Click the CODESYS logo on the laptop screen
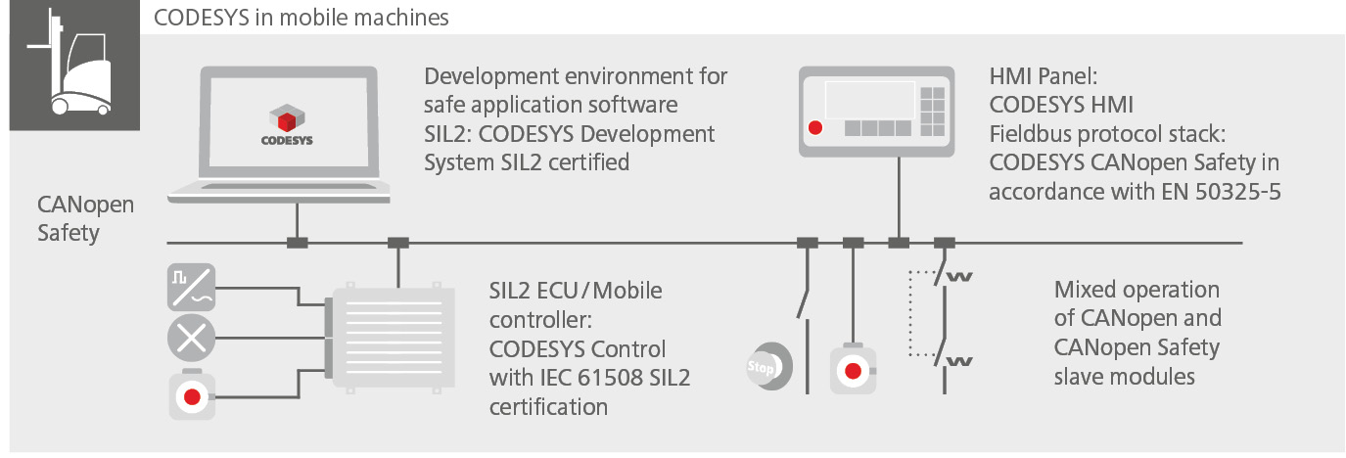point(287,125)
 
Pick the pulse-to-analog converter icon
point(192,286)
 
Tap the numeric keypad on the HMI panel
point(933,104)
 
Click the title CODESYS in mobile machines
point(302,18)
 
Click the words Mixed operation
point(1137,290)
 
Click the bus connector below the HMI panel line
point(898,243)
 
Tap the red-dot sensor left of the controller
point(192,396)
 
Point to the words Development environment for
point(576,76)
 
